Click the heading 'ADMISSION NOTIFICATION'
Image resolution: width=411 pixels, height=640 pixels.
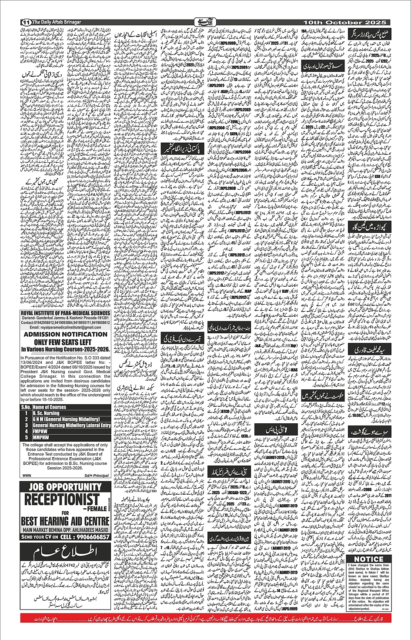pos(66,334)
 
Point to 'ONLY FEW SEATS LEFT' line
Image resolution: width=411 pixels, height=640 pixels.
pos(66,342)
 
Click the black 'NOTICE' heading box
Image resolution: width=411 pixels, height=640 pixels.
pos(368,559)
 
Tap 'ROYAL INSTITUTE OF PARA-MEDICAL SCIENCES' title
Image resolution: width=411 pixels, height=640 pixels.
pos(66,312)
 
